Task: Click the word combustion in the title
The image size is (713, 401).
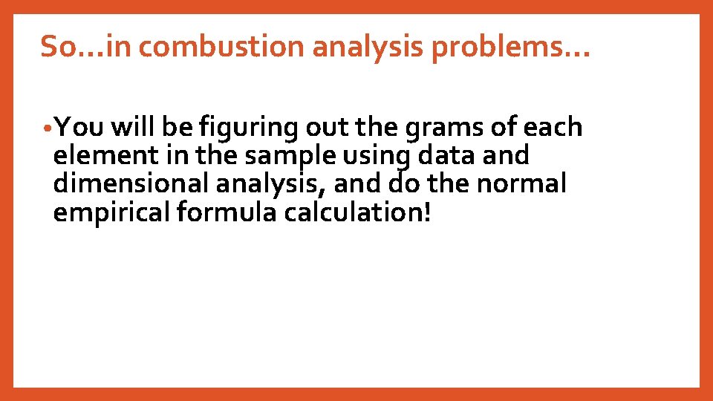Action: [221, 47]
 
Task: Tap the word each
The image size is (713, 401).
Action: [553, 128]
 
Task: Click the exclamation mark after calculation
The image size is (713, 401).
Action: [426, 212]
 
